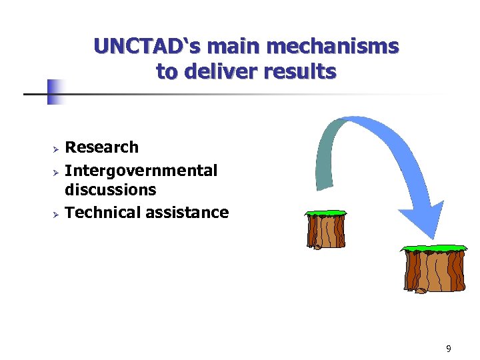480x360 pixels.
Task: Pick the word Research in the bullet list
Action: [x=101, y=147]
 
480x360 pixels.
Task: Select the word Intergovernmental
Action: [x=141, y=171]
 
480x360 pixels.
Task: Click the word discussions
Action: [x=110, y=190]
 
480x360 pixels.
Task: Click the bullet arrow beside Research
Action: [x=57, y=148]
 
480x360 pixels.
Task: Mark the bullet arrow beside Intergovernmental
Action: [x=57, y=171]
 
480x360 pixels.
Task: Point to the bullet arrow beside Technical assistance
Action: [x=57, y=213]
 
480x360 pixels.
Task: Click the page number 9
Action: [x=449, y=349]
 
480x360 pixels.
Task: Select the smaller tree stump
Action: [x=325, y=231]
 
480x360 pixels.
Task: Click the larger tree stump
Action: [x=433, y=271]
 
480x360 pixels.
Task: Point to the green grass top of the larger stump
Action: [x=433, y=249]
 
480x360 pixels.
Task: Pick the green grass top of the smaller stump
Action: [x=325, y=213]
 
